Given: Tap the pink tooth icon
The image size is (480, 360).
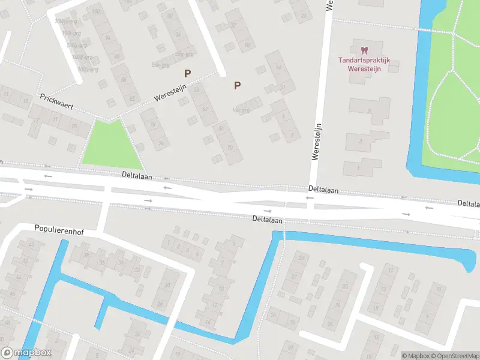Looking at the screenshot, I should [x=364, y=50].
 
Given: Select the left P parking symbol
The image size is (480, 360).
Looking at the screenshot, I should [x=188, y=74].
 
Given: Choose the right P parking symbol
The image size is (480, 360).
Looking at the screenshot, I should [x=237, y=86].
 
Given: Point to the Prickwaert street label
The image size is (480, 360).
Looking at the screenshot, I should [x=56, y=101].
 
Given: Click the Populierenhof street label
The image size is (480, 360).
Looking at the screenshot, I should [x=59, y=229].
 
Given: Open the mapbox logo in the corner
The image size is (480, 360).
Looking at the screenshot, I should [x=26, y=353].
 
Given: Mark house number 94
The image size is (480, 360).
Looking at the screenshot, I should [x=109, y=37].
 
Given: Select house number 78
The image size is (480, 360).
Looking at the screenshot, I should [x=152, y=125].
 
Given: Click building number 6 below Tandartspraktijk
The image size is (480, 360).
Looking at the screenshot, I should [x=369, y=111].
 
